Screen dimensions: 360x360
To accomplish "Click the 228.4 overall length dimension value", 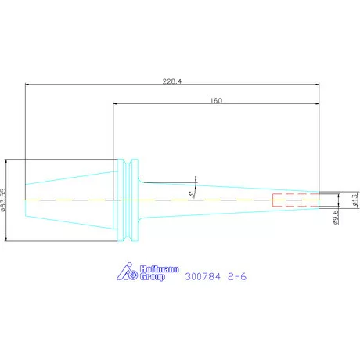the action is click(x=172, y=81).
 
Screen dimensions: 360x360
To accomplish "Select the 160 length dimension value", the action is click(x=216, y=101).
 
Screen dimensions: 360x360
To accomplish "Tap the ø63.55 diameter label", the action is click(x=3, y=200).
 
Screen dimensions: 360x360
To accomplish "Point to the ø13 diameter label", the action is click(x=355, y=200).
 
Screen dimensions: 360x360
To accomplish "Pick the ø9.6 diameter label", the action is click(x=336, y=217).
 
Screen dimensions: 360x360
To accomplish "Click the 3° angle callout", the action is click(x=191, y=194).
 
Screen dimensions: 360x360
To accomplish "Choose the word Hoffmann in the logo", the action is click(x=160, y=269).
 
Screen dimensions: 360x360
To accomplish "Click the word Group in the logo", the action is click(x=153, y=277).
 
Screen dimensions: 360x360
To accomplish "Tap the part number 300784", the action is click(x=203, y=276).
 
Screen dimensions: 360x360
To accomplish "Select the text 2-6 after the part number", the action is click(x=237, y=276).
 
